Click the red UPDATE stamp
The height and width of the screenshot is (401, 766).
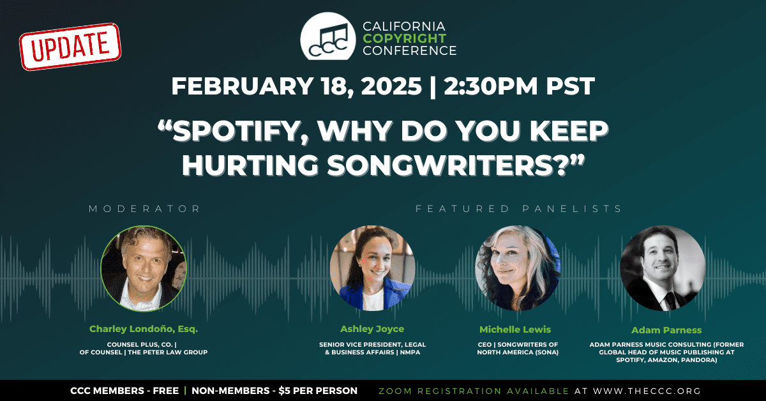[70, 47]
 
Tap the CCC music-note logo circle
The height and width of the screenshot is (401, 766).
[328, 36]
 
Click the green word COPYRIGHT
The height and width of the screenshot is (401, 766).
[405, 38]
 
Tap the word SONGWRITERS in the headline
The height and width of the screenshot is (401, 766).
[446, 165]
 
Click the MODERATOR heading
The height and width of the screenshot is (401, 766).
[144, 209]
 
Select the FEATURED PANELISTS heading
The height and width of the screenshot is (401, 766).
[518, 209]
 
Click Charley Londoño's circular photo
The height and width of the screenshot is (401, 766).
[144, 269]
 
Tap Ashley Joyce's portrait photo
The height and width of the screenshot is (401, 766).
[372, 268]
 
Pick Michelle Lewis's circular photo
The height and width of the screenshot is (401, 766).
[518, 268]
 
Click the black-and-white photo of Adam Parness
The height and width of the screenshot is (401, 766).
[663, 268]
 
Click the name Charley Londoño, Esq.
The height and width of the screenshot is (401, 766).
[144, 329]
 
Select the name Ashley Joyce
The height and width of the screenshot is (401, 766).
[372, 329]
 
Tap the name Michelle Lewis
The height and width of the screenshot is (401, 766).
[515, 329]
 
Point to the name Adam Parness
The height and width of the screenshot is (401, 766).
[666, 330]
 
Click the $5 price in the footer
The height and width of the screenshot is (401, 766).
[285, 391]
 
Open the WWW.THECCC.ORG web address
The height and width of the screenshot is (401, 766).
[647, 391]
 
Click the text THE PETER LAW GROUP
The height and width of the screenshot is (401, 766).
[168, 352]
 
